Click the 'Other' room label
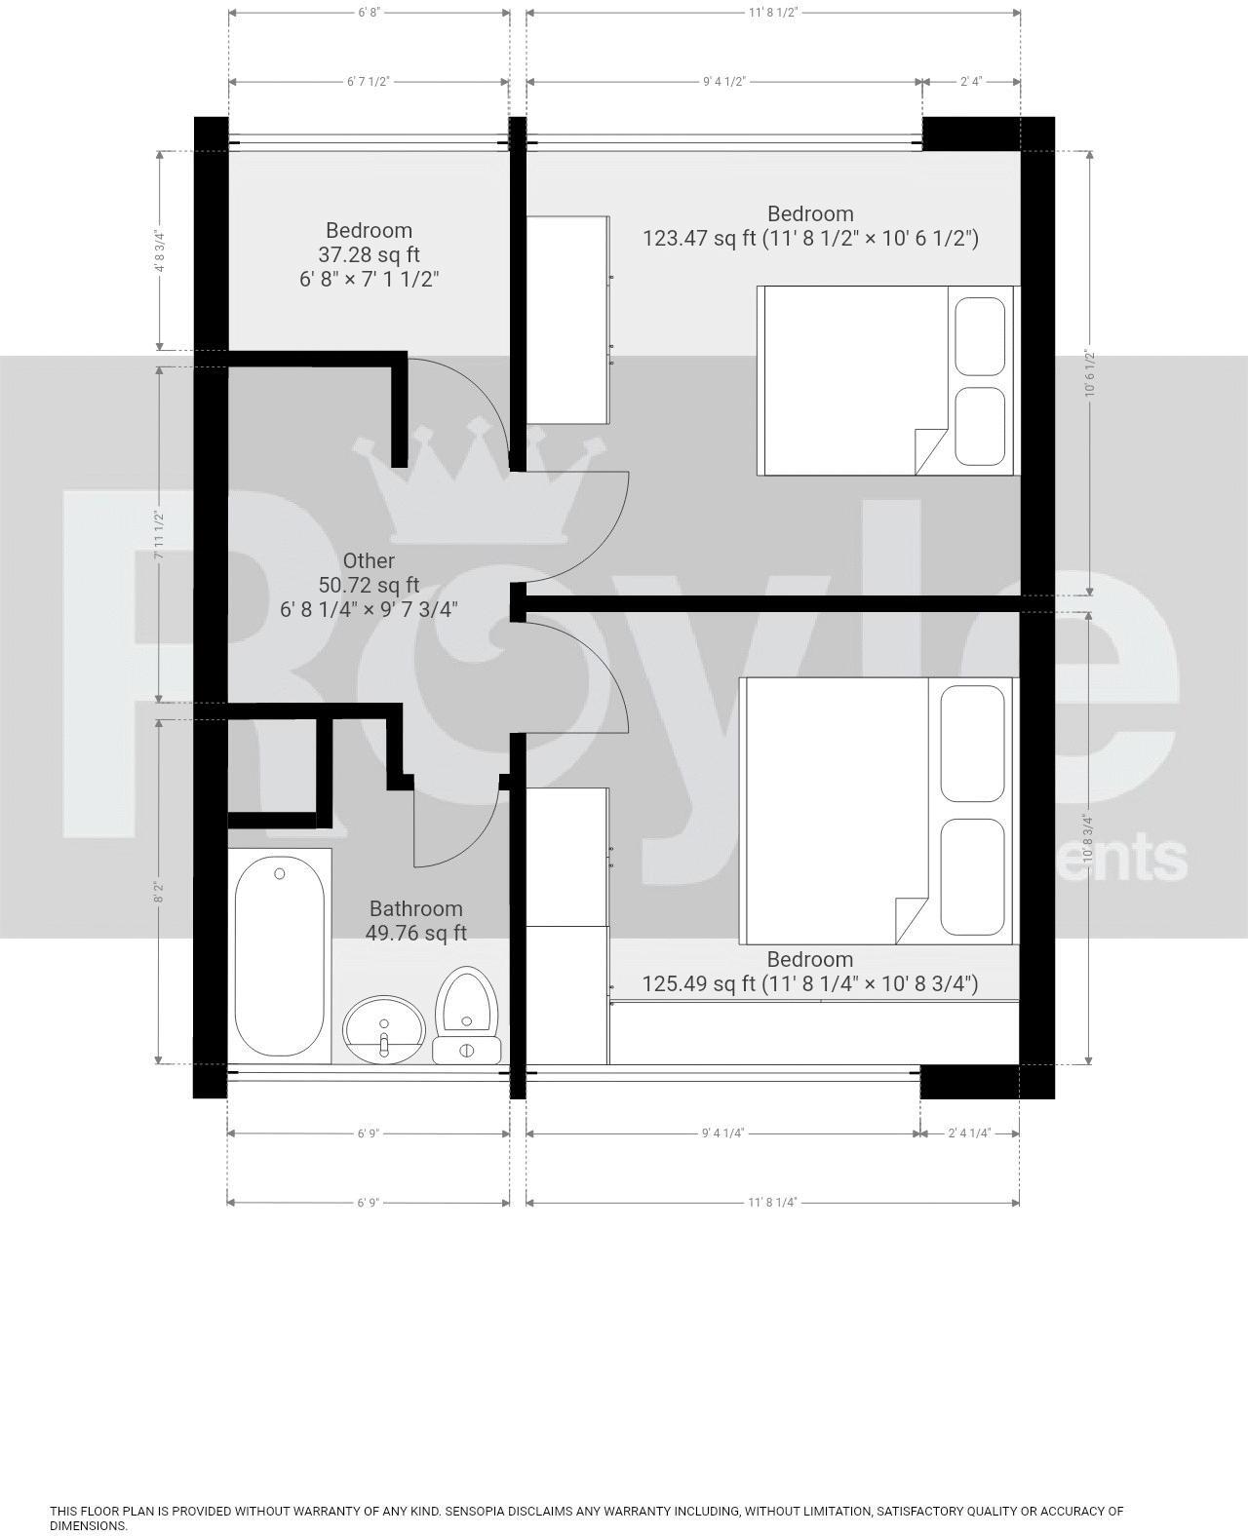coord(369,560)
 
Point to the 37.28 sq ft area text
coord(369,254)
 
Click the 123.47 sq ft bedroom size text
coord(809,238)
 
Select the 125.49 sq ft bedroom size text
coord(809,983)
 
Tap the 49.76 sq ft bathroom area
coord(415,933)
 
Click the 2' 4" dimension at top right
coord(970,82)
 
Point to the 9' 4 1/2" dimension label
coord(724,82)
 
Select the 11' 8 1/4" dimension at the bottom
coord(772,1203)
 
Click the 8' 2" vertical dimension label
coord(158,892)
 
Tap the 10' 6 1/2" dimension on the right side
coord(1089,373)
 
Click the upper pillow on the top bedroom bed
coord(980,337)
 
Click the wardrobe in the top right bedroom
coord(567,320)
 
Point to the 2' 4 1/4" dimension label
coord(969,1133)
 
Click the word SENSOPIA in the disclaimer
coord(477,1512)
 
